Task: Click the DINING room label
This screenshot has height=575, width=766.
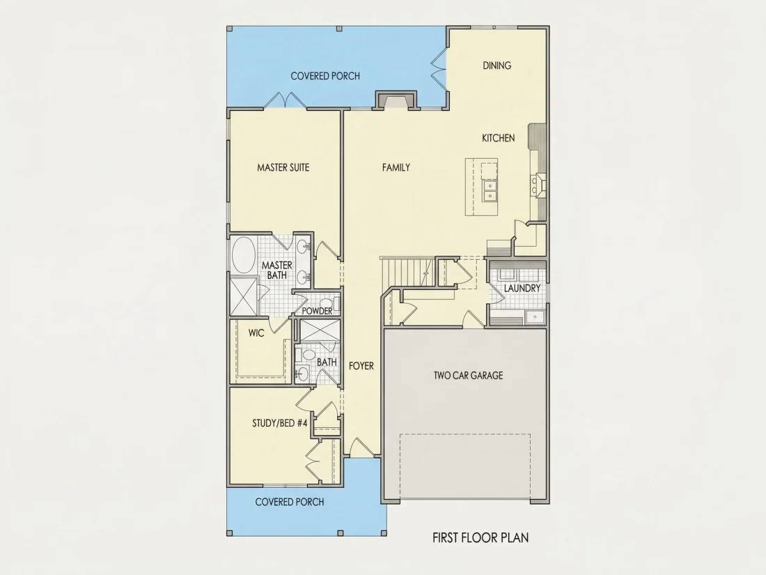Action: click(497, 66)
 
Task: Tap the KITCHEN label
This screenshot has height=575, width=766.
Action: click(499, 139)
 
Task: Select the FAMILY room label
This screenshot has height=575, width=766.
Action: click(396, 168)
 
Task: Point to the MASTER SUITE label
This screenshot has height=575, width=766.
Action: click(283, 168)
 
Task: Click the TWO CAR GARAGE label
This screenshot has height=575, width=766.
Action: click(468, 376)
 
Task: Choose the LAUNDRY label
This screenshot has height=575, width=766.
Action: click(522, 289)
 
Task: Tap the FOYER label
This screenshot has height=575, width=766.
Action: click(361, 366)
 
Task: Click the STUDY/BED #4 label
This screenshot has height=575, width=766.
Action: click(280, 424)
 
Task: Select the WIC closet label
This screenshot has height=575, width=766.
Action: click(256, 333)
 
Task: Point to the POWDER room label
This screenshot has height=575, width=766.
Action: click(317, 311)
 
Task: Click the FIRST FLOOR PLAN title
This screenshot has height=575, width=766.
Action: click(480, 538)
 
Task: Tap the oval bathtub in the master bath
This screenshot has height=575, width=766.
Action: click(244, 255)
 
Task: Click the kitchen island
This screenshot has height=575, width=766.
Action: click(481, 187)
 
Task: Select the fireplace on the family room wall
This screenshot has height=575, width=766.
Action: click(396, 100)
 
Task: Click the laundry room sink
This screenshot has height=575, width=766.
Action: click(535, 318)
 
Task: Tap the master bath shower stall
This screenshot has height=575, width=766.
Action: click(244, 296)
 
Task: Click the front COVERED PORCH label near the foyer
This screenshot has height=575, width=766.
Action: click(290, 502)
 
